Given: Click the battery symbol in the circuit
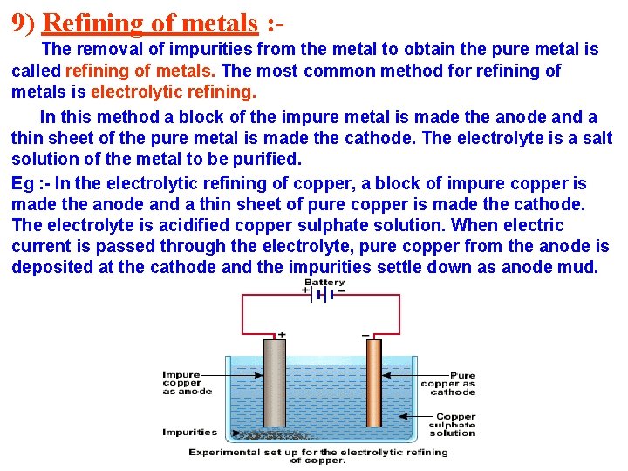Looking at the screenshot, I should tap(324, 295).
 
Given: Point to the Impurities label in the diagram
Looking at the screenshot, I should tap(189, 432).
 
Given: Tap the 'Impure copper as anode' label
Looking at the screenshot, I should tap(187, 383).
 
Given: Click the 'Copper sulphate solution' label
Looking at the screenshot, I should tap(454, 425).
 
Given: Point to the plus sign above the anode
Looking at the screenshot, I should tap(281, 334).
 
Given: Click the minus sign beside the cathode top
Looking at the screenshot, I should tap(365, 334).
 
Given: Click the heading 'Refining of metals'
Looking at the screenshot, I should tap(150, 21).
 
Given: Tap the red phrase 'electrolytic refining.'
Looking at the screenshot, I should tap(174, 92).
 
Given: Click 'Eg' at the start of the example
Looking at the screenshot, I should tap(23, 183).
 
